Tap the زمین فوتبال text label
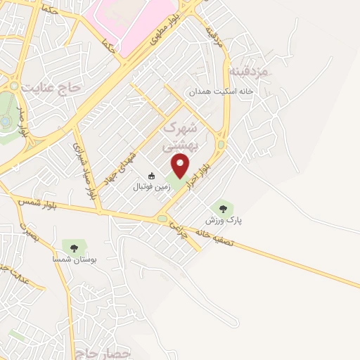tap(152, 188)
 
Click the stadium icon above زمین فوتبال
tap(152, 176)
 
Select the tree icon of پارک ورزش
tap(224, 207)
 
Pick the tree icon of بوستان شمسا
tap(73, 246)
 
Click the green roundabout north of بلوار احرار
tap(220, 145)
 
